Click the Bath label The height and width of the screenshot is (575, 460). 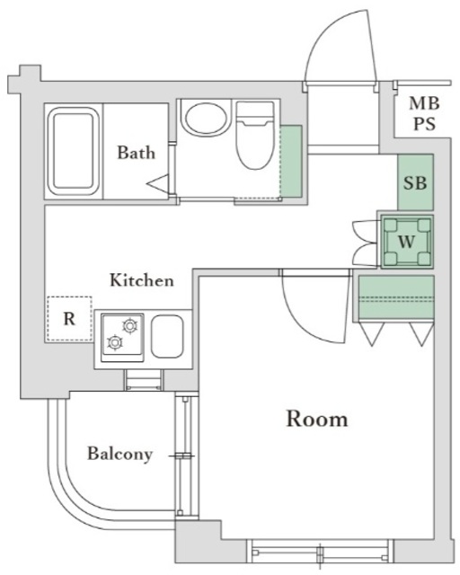(136, 153)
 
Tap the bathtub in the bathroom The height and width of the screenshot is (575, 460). (74, 151)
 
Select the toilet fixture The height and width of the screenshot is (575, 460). (255, 136)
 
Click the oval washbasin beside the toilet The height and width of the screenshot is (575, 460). (205, 118)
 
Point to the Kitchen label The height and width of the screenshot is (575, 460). (142, 280)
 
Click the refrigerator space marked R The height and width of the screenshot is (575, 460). (69, 319)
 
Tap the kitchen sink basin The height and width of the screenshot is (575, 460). (167, 336)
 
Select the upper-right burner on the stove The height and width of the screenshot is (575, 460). (130, 325)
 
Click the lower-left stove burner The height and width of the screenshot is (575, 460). (115, 342)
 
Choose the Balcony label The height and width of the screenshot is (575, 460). (120, 454)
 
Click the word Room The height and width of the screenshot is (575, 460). (317, 419)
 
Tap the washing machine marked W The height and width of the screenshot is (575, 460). (407, 242)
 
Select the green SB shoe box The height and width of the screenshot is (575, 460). (415, 182)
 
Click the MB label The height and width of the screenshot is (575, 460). (424, 103)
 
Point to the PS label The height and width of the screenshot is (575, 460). (425, 124)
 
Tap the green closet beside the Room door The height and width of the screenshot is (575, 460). (396, 297)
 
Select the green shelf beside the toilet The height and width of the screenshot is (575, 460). (291, 162)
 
